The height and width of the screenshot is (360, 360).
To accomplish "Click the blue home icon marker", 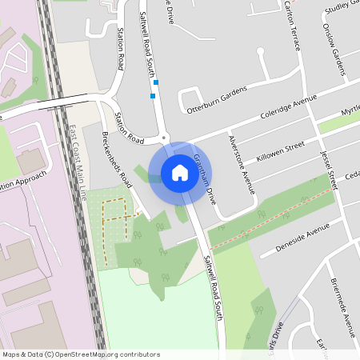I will click(x=180, y=173).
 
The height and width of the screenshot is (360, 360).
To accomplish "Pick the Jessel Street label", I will click(x=330, y=169).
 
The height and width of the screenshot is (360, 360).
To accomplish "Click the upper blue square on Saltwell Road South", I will click(x=156, y=82).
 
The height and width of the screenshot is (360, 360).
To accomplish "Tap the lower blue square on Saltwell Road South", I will click(x=152, y=96).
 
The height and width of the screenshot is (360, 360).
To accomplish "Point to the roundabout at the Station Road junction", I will click(x=163, y=139).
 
